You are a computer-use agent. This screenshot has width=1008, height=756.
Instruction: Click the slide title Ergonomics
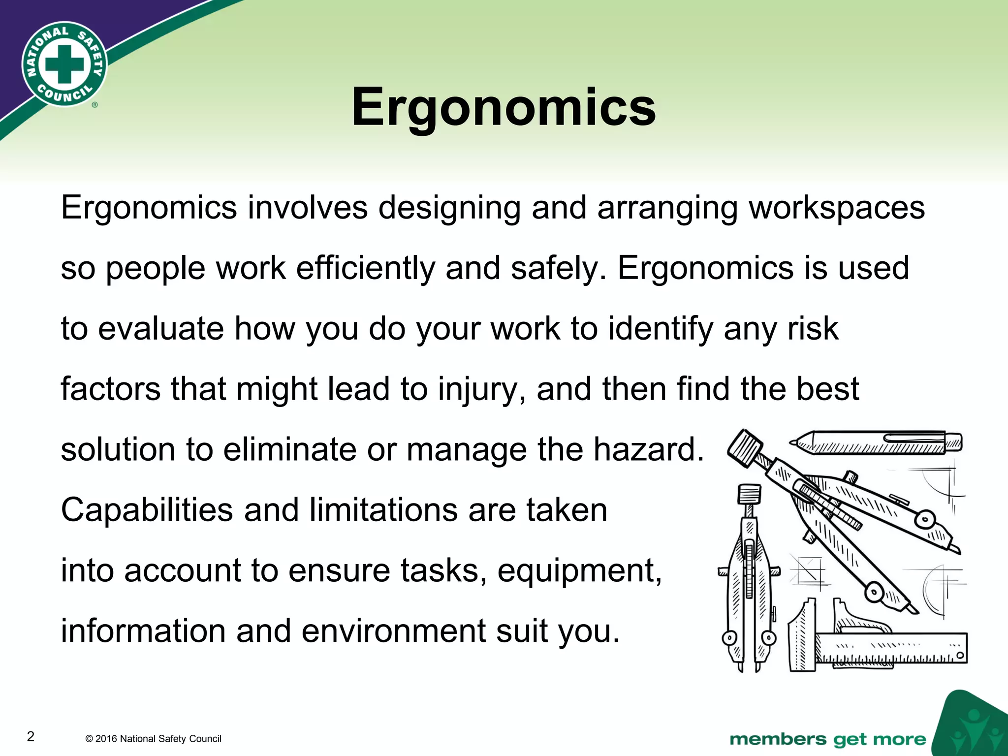504,107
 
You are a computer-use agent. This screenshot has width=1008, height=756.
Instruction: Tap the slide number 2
31,736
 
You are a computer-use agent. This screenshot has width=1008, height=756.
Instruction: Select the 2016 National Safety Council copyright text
153,739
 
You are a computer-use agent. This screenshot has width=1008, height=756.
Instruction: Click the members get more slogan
827,739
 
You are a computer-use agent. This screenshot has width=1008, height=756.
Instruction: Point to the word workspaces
837,208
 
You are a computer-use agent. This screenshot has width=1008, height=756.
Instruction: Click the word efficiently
366,269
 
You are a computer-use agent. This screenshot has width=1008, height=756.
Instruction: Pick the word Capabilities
147,510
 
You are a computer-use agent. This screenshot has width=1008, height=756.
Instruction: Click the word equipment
579,571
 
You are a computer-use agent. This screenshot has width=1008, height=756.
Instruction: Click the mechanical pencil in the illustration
876,442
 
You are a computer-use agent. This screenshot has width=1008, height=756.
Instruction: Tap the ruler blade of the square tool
891,648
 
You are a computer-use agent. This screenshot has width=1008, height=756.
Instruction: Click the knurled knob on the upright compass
749,493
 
